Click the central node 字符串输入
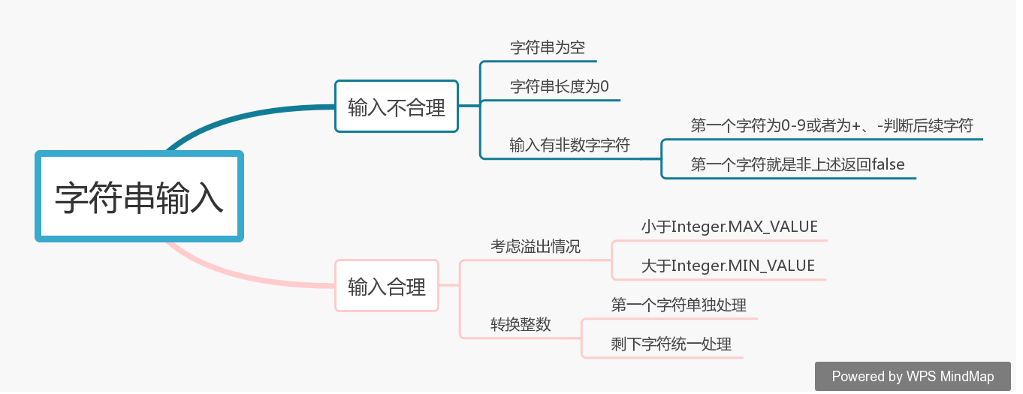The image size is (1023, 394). pyautogui.click(x=140, y=197)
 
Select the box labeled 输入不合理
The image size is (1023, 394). pyautogui.click(x=397, y=107)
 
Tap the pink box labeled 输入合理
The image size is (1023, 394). pyautogui.click(x=387, y=285)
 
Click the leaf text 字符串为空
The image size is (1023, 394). pyautogui.click(x=548, y=47)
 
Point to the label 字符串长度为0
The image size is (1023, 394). pyautogui.click(x=560, y=87)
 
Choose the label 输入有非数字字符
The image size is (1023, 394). pyautogui.click(x=569, y=146)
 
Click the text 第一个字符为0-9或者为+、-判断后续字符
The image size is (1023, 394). pyautogui.click(x=831, y=126)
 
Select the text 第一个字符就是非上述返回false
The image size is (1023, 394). pyautogui.click(x=798, y=164)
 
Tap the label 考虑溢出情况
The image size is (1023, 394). pyautogui.click(x=536, y=246)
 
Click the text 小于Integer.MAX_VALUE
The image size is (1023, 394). pyautogui.click(x=729, y=226)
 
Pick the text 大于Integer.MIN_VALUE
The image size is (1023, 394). pyautogui.click(x=728, y=266)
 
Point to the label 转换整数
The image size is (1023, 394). pyautogui.click(x=521, y=324)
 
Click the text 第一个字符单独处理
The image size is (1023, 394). pyautogui.click(x=678, y=305)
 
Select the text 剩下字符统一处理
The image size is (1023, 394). pyautogui.click(x=671, y=344)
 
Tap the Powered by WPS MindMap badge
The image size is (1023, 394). pyautogui.click(x=913, y=376)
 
